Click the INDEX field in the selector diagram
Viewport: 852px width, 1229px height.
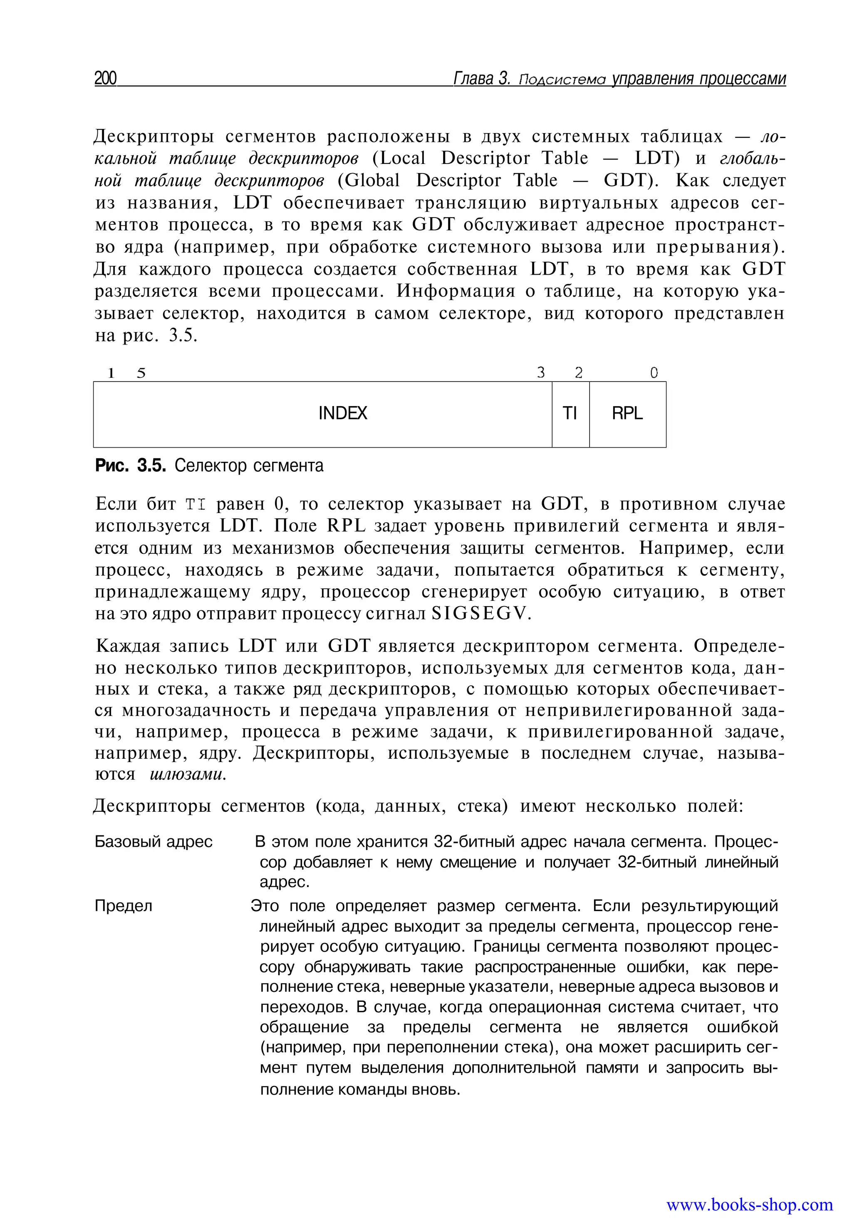pyautogui.click(x=342, y=413)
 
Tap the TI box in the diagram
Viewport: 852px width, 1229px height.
pyautogui.click(x=570, y=413)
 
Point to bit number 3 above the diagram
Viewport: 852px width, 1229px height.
pyautogui.click(x=541, y=373)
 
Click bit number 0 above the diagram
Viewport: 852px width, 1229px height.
pyautogui.click(x=654, y=373)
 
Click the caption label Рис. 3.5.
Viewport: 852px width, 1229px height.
pyautogui.click(x=131, y=466)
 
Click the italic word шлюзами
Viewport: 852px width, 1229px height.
pyautogui.click(x=188, y=774)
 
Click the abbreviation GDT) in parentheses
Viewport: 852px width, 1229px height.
pyautogui.click(x=631, y=181)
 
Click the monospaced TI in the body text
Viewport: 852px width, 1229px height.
pyautogui.click(x=196, y=505)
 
